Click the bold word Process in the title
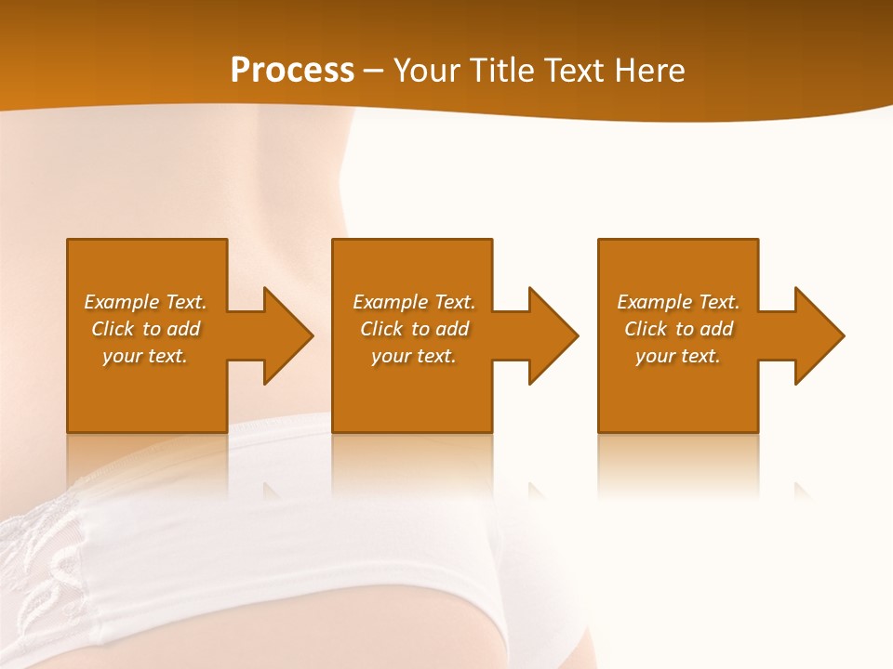pos(292,71)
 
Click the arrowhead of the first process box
pos(287,335)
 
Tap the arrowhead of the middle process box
pos(553,335)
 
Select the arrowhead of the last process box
pos(819,335)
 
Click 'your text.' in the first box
pos(145,356)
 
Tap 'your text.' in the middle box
pos(414,356)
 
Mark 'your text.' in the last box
pos(678,356)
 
